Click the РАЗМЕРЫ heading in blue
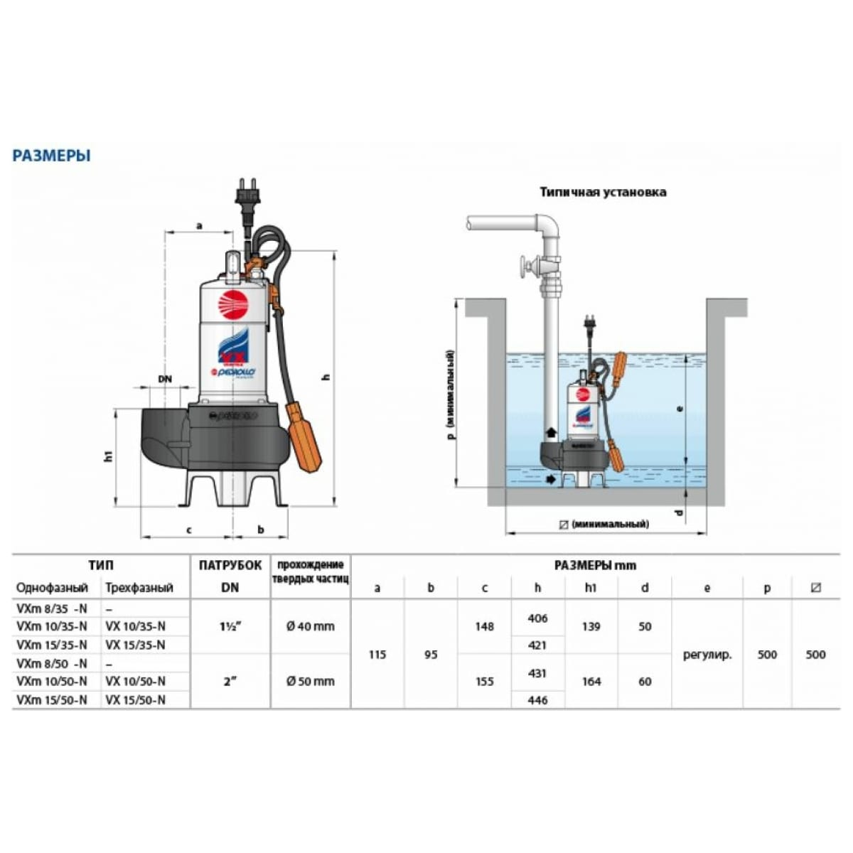(x=51, y=156)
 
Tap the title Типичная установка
(x=603, y=192)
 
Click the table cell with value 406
(x=537, y=618)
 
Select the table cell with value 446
(x=537, y=700)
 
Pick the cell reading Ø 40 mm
(x=311, y=626)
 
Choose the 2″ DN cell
(x=230, y=681)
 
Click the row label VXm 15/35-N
(x=52, y=645)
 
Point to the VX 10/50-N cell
(x=135, y=681)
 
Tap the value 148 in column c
(x=484, y=626)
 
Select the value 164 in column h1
(x=591, y=681)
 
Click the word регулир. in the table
(x=707, y=655)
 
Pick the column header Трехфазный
(x=139, y=588)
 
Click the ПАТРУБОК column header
(x=230, y=566)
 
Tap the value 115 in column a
(x=377, y=655)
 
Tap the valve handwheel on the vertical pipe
(x=525, y=269)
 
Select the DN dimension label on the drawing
(x=165, y=379)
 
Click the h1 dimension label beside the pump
(x=108, y=456)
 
